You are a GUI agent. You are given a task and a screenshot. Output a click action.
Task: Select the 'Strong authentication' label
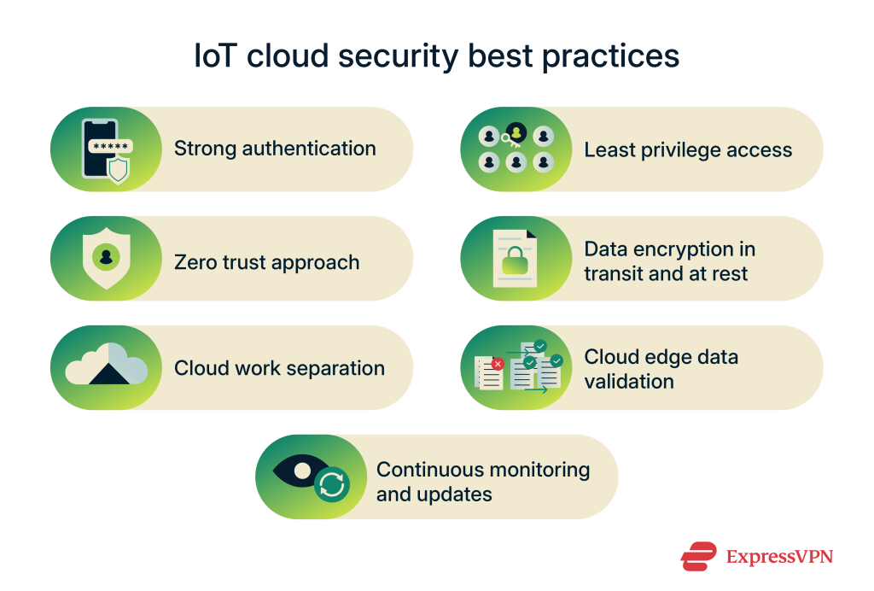275,149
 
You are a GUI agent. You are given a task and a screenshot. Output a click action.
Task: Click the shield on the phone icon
118,169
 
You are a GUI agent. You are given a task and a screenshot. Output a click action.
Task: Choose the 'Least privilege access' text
688,150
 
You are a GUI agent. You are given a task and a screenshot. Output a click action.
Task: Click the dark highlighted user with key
516,133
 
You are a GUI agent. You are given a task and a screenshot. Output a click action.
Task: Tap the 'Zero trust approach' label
266,262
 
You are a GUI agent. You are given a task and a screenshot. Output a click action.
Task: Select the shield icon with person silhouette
106,257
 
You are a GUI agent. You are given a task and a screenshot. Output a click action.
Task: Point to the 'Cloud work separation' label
279,368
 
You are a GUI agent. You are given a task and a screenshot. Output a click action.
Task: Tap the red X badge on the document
498,364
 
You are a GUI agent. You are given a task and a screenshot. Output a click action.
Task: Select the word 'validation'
629,381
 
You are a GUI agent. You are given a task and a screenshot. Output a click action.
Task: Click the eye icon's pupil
303,471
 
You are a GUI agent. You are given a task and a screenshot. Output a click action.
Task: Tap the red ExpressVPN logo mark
698,557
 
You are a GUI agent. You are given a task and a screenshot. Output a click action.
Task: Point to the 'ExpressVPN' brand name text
778,557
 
